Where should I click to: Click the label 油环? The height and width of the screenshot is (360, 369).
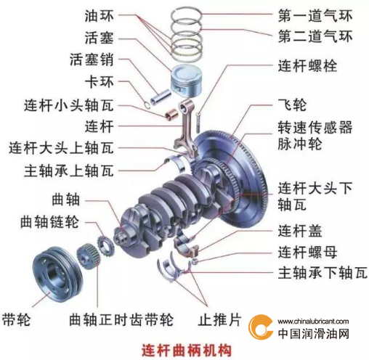coord(99,16)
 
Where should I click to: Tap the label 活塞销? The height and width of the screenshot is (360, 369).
coord(92,60)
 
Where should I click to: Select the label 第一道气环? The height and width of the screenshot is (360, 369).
coord(315,16)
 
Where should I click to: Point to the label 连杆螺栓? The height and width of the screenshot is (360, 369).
coord(307,65)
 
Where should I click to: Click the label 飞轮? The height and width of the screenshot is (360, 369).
coord(292,105)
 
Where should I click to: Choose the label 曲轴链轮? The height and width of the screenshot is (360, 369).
coord(49,221)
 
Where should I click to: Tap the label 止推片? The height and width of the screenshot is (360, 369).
coord(220,319)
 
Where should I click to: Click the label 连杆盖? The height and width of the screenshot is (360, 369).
coord(300,231)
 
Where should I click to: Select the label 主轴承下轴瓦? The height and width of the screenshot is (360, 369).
coord(323,273)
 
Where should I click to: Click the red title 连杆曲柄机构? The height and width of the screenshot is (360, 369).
coord(187,350)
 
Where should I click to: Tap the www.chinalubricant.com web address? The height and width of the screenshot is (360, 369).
coord(313,322)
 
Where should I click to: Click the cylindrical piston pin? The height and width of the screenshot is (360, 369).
coord(161,97)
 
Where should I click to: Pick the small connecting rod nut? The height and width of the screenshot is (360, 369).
coord(195,261)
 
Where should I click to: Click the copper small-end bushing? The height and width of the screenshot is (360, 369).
coord(171,114)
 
